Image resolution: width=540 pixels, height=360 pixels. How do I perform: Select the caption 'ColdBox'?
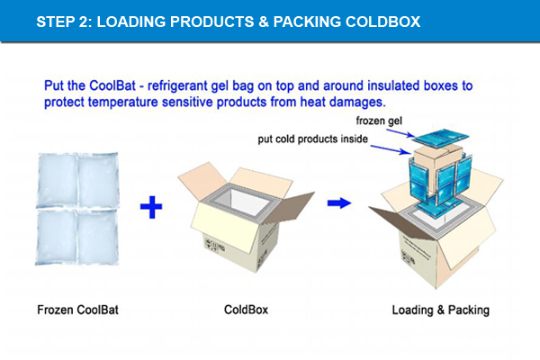pyautogui.click(x=246, y=310)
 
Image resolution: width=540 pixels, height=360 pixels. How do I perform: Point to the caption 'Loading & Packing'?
pyautogui.click(x=440, y=310)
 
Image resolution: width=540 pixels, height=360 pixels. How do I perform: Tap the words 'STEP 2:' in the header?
pyautogui.click(x=64, y=20)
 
